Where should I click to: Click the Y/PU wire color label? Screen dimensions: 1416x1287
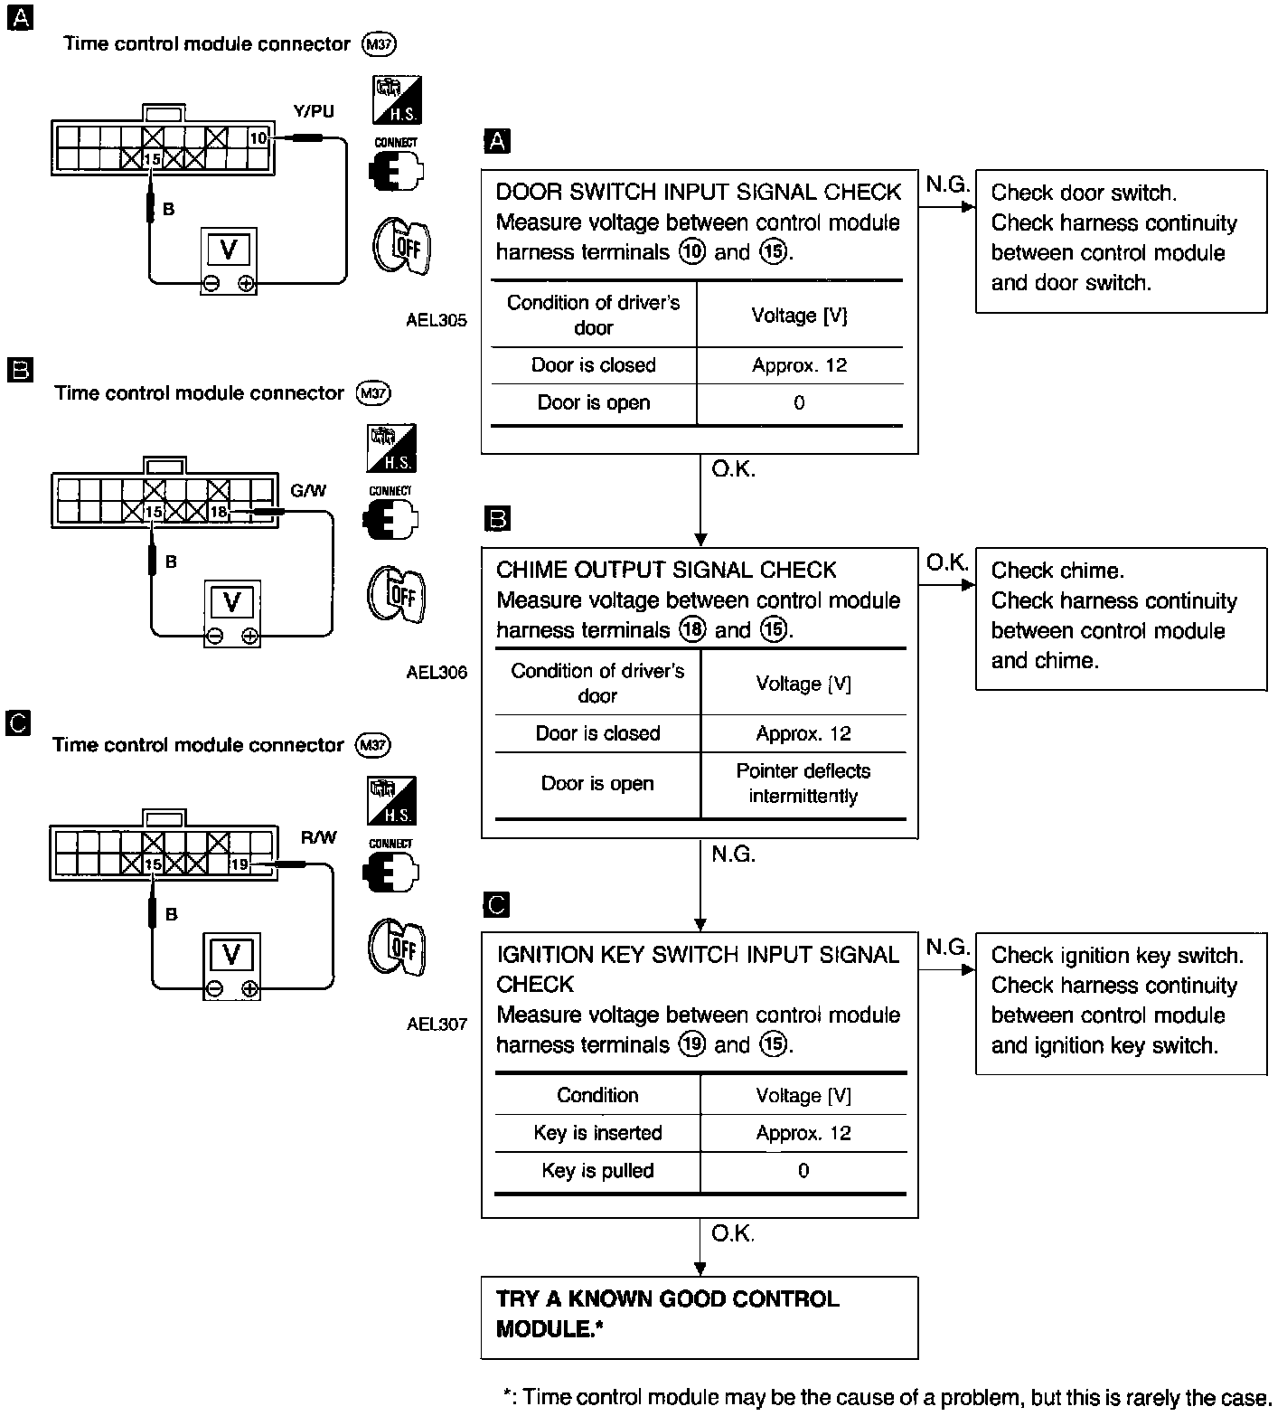[x=313, y=111]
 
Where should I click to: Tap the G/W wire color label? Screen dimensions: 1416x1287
[x=308, y=491]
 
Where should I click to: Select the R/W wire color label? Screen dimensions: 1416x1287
[x=318, y=838]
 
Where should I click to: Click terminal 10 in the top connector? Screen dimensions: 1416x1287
[x=258, y=138]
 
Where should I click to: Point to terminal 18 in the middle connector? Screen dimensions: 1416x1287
[x=219, y=512]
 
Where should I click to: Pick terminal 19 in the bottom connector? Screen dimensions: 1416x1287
[x=239, y=864]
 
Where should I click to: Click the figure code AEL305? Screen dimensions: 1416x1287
[x=437, y=320]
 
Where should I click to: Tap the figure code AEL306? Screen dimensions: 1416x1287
[x=437, y=672]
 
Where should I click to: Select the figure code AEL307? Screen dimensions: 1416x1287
[x=437, y=1024]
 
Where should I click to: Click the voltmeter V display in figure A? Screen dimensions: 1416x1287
[x=229, y=249]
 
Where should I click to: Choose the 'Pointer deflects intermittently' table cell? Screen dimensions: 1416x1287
[x=803, y=783]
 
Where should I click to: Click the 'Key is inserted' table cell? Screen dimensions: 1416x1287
[x=597, y=1133]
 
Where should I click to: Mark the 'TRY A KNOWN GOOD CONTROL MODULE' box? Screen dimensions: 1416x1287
[x=699, y=1316]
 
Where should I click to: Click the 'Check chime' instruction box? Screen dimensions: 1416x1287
[x=1121, y=618]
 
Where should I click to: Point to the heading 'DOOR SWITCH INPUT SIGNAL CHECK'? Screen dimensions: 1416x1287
[x=699, y=192]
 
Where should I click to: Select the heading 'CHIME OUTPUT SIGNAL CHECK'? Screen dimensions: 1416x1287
[x=666, y=570]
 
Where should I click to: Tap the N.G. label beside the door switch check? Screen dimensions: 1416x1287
[x=946, y=185]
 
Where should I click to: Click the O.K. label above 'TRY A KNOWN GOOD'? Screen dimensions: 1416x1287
[x=732, y=1233]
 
